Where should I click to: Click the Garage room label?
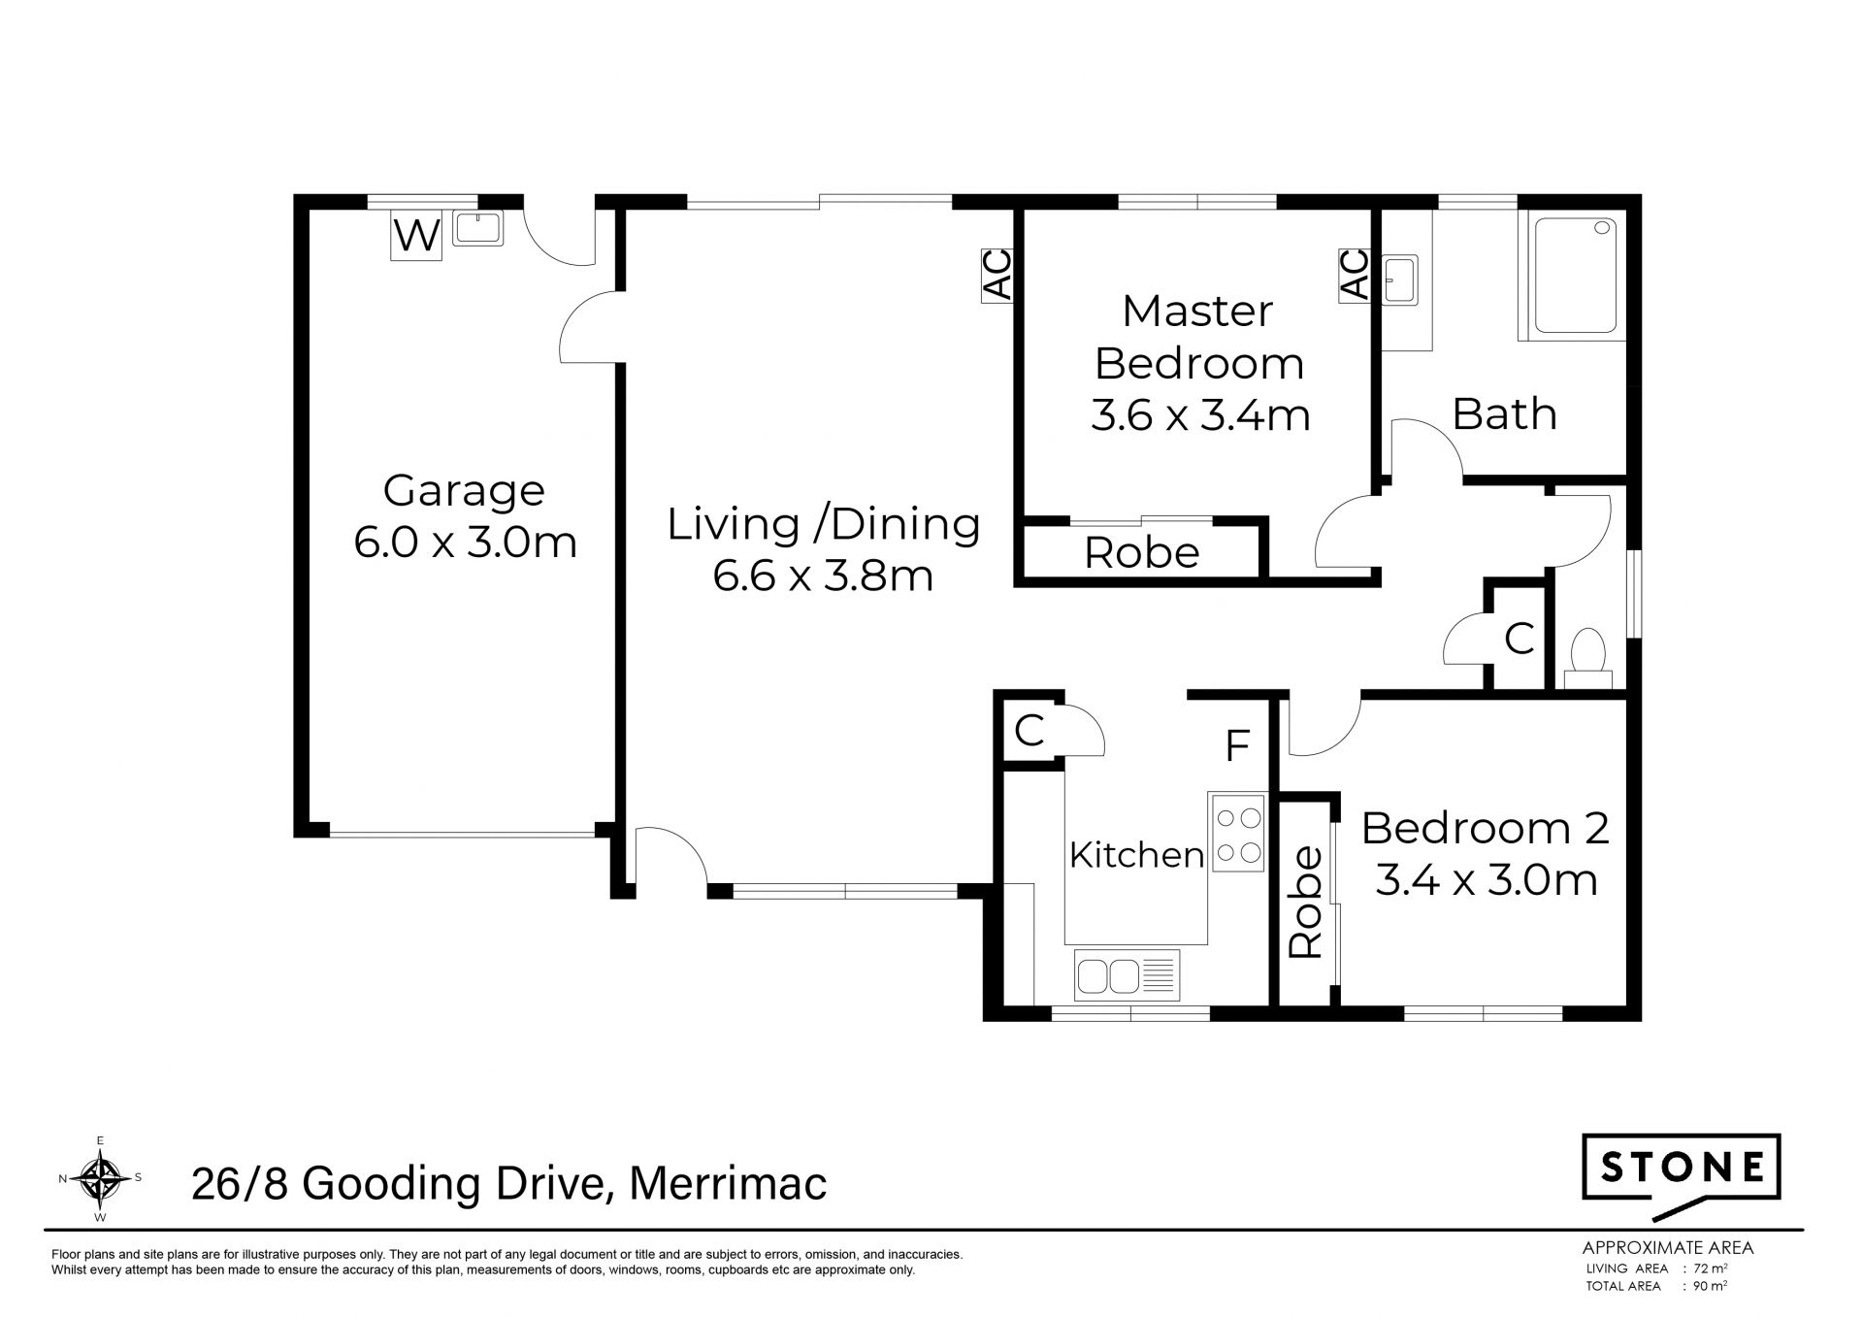click(464, 490)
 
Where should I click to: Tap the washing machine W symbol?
click(416, 236)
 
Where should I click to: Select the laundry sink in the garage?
click(477, 228)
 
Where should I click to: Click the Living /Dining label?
click(824, 524)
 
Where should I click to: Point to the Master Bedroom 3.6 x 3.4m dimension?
click(1200, 415)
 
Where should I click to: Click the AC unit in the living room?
click(997, 276)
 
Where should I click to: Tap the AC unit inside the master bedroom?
click(1355, 276)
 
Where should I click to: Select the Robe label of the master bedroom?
click(1142, 553)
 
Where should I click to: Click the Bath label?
click(1505, 414)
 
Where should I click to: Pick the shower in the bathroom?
click(1572, 276)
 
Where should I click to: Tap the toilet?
click(1588, 659)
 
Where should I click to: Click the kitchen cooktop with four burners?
click(1237, 832)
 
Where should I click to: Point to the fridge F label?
click(1236, 746)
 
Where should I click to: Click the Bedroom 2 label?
click(1486, 829)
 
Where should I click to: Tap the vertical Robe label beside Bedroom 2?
click(1306, 903)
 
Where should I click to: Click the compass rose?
click(100, 1178)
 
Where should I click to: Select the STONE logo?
click(1682, 1176)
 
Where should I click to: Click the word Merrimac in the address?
click(728, 1184)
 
